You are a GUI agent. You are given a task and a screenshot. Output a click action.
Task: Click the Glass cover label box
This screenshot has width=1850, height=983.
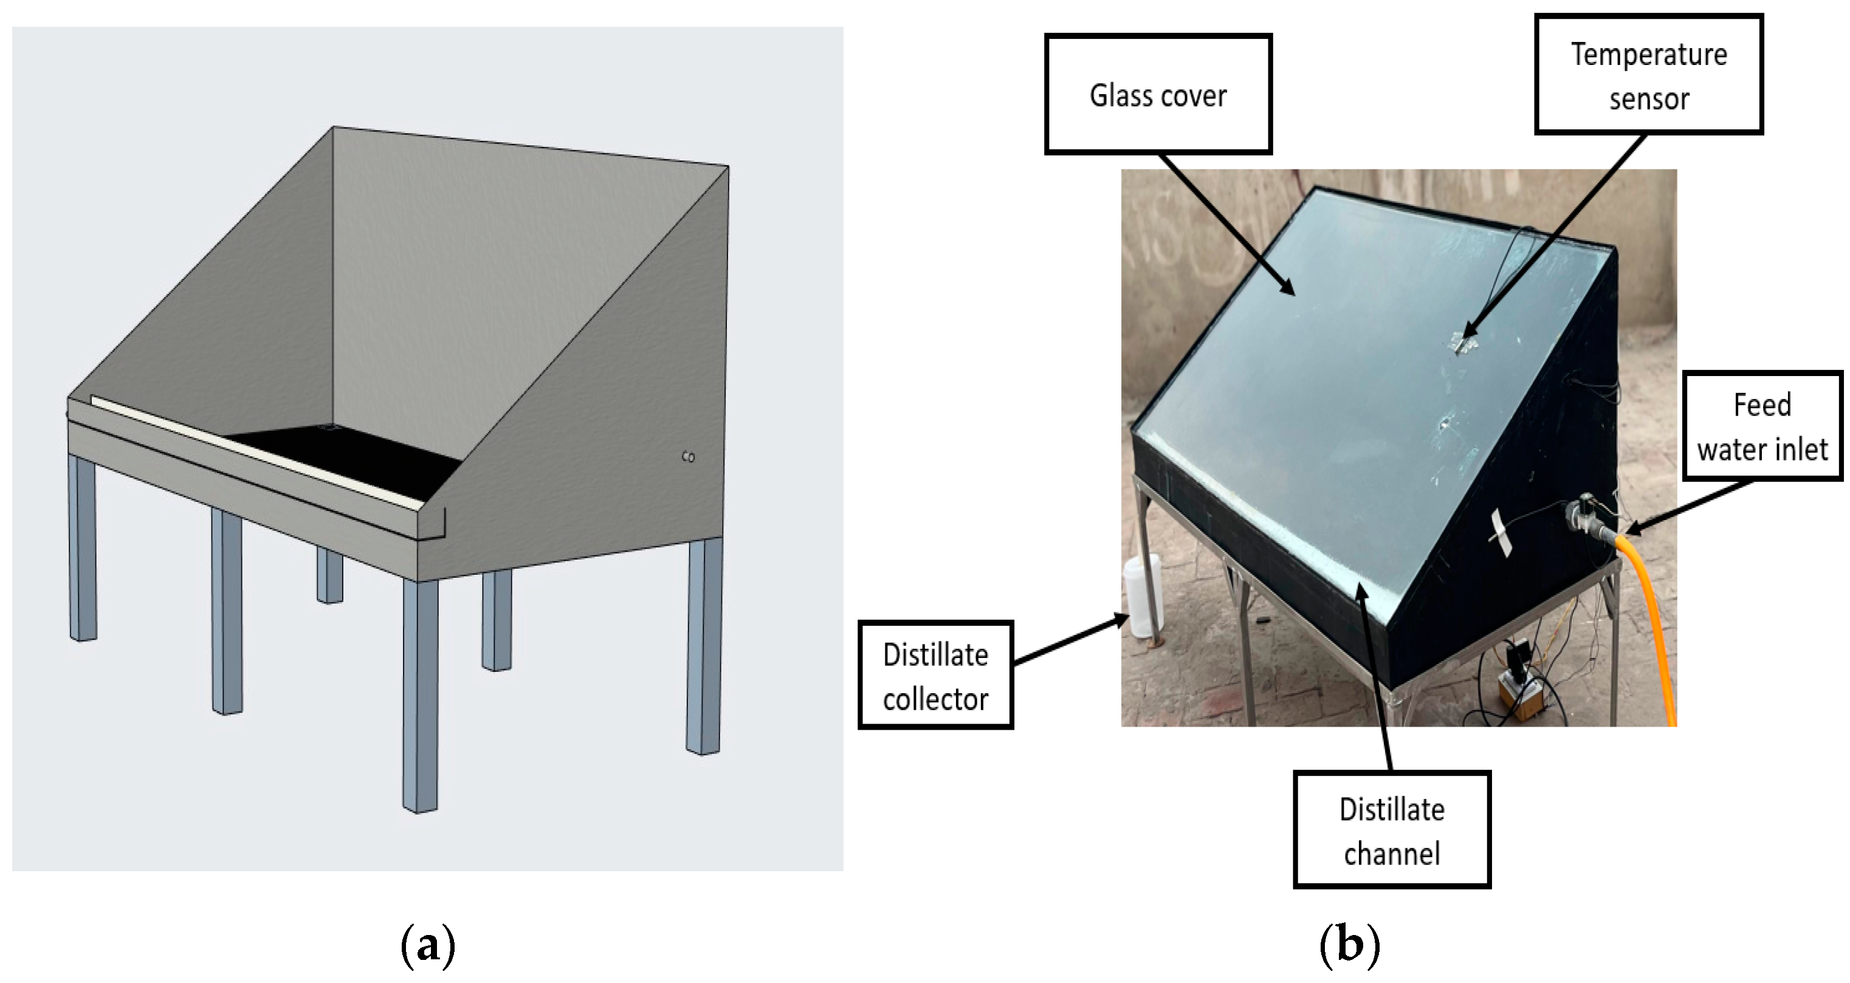(x=1158, y=94)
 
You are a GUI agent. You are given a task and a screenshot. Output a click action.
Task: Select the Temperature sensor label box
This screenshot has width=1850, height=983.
(x=1648, y=75)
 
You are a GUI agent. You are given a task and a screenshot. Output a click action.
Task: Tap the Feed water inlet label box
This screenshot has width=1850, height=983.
(x=1762, y=426)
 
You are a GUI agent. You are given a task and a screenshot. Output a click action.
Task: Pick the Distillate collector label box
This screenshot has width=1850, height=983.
(x=935, y=676)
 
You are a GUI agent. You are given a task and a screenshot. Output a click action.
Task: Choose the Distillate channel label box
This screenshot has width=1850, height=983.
(x=1392, y=830)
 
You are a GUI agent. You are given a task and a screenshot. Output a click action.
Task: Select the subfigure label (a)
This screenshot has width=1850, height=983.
(x=428, y=945)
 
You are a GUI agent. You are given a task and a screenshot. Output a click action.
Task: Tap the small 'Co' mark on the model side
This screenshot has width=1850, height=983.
(x=688, y=457)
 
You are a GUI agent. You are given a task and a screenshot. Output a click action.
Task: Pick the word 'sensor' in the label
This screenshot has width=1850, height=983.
(x=1649, y=99)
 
